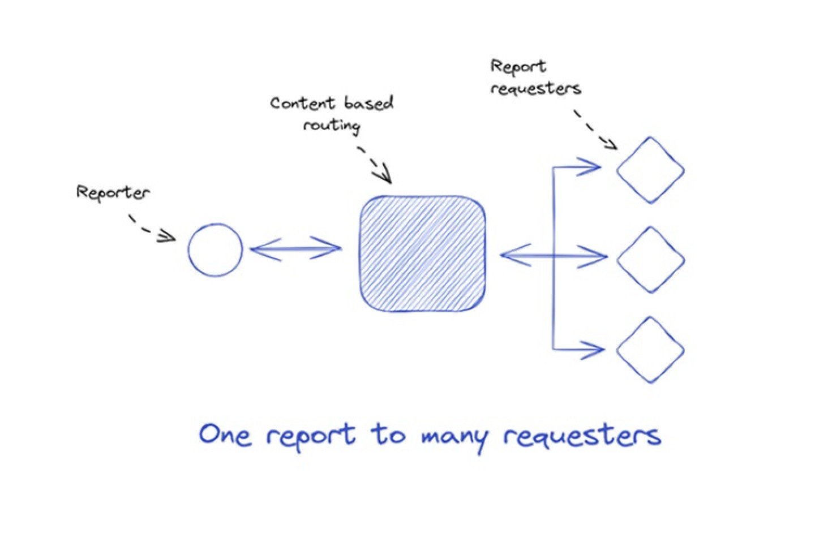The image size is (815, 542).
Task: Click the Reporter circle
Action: coord(215,250)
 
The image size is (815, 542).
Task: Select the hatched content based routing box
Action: coord(423,254)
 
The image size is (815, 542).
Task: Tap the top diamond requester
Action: coord(650,170)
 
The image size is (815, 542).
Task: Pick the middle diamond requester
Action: coord(650,260)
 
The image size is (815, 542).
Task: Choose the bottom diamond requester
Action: coord(650,350)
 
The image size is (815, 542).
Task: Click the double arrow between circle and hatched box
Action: coord(295,248)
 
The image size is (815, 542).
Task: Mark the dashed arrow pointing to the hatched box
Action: coord(375,165)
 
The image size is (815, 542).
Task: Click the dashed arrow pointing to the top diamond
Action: coord(595,130)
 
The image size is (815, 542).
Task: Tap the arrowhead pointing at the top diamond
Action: coord(591,167)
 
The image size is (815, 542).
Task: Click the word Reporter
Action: coord(113,192)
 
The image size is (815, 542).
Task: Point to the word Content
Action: coord(302,103)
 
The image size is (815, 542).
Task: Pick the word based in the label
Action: coord(368,102)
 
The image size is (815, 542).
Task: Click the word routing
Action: coord(332,125)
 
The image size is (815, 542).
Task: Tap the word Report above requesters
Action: coord(518,67)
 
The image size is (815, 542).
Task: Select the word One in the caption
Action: coord(225,435)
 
